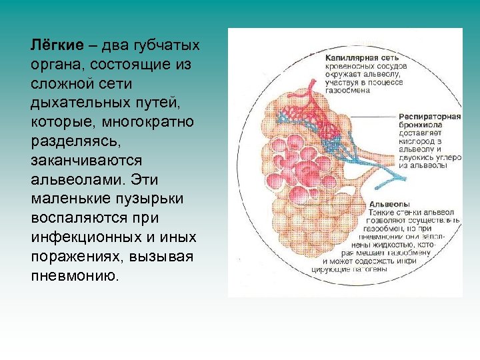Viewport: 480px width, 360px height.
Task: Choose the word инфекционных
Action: point(81,238)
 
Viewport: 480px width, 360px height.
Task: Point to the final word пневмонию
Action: point(74,276)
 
